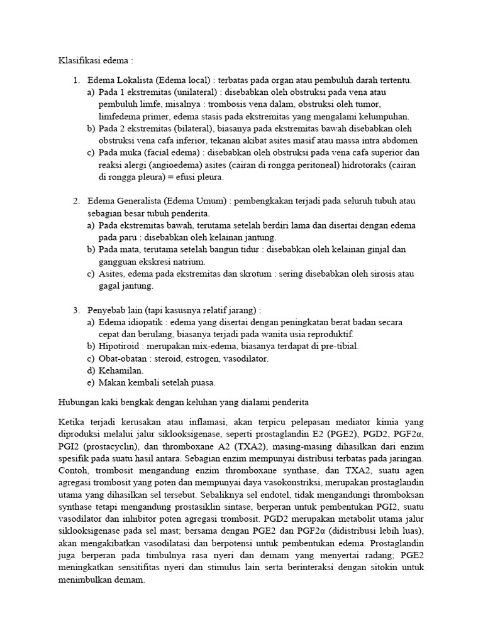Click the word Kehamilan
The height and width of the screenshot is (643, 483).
coord(121,370)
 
